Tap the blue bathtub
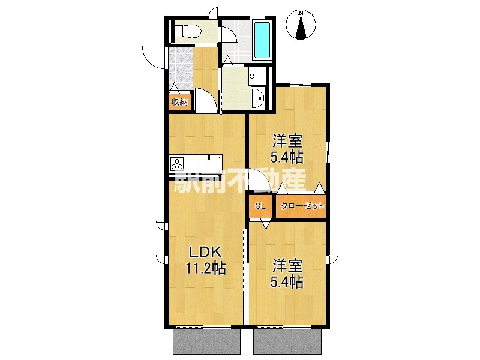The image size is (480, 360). pos(262,40)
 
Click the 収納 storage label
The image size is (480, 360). pos(179,102)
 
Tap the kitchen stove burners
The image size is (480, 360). pos(179,164)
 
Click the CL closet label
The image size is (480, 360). pos(260,206)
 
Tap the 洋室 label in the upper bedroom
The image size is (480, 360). pos(287,142)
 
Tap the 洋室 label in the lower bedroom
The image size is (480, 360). pos(287,265)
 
